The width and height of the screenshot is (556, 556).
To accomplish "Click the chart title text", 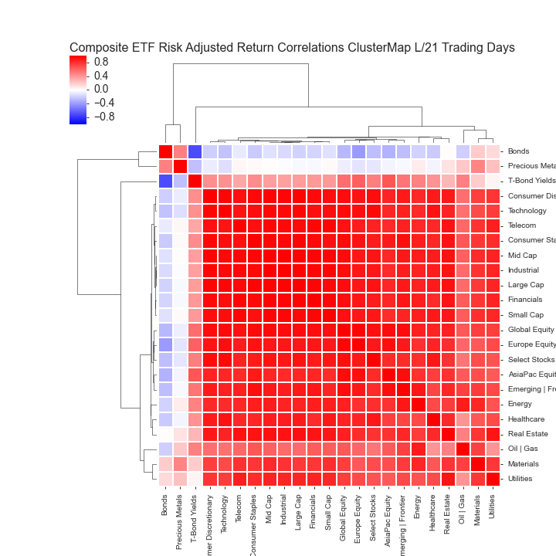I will tap(292, 48).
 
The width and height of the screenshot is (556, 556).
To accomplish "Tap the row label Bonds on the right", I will tap(519, 151).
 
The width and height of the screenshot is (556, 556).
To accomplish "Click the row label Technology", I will tap(527, 211).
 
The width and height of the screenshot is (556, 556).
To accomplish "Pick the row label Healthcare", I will tap(527, 419).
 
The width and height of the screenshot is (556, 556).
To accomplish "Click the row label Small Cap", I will tap(525, 315).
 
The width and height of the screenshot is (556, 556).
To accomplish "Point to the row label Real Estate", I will tap(527, 434).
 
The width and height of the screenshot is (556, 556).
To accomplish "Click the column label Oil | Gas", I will tap(463, 511).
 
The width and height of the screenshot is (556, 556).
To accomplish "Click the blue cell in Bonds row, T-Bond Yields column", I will tap(195, 151).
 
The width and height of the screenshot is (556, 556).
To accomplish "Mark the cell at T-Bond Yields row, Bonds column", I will tap(165, 181).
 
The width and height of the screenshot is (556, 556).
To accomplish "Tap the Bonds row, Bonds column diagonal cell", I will tap(165, 151).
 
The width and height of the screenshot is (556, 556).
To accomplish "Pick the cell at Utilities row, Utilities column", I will tap(493, 479).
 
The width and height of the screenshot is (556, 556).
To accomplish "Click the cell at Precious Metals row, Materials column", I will tap(478, 166).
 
